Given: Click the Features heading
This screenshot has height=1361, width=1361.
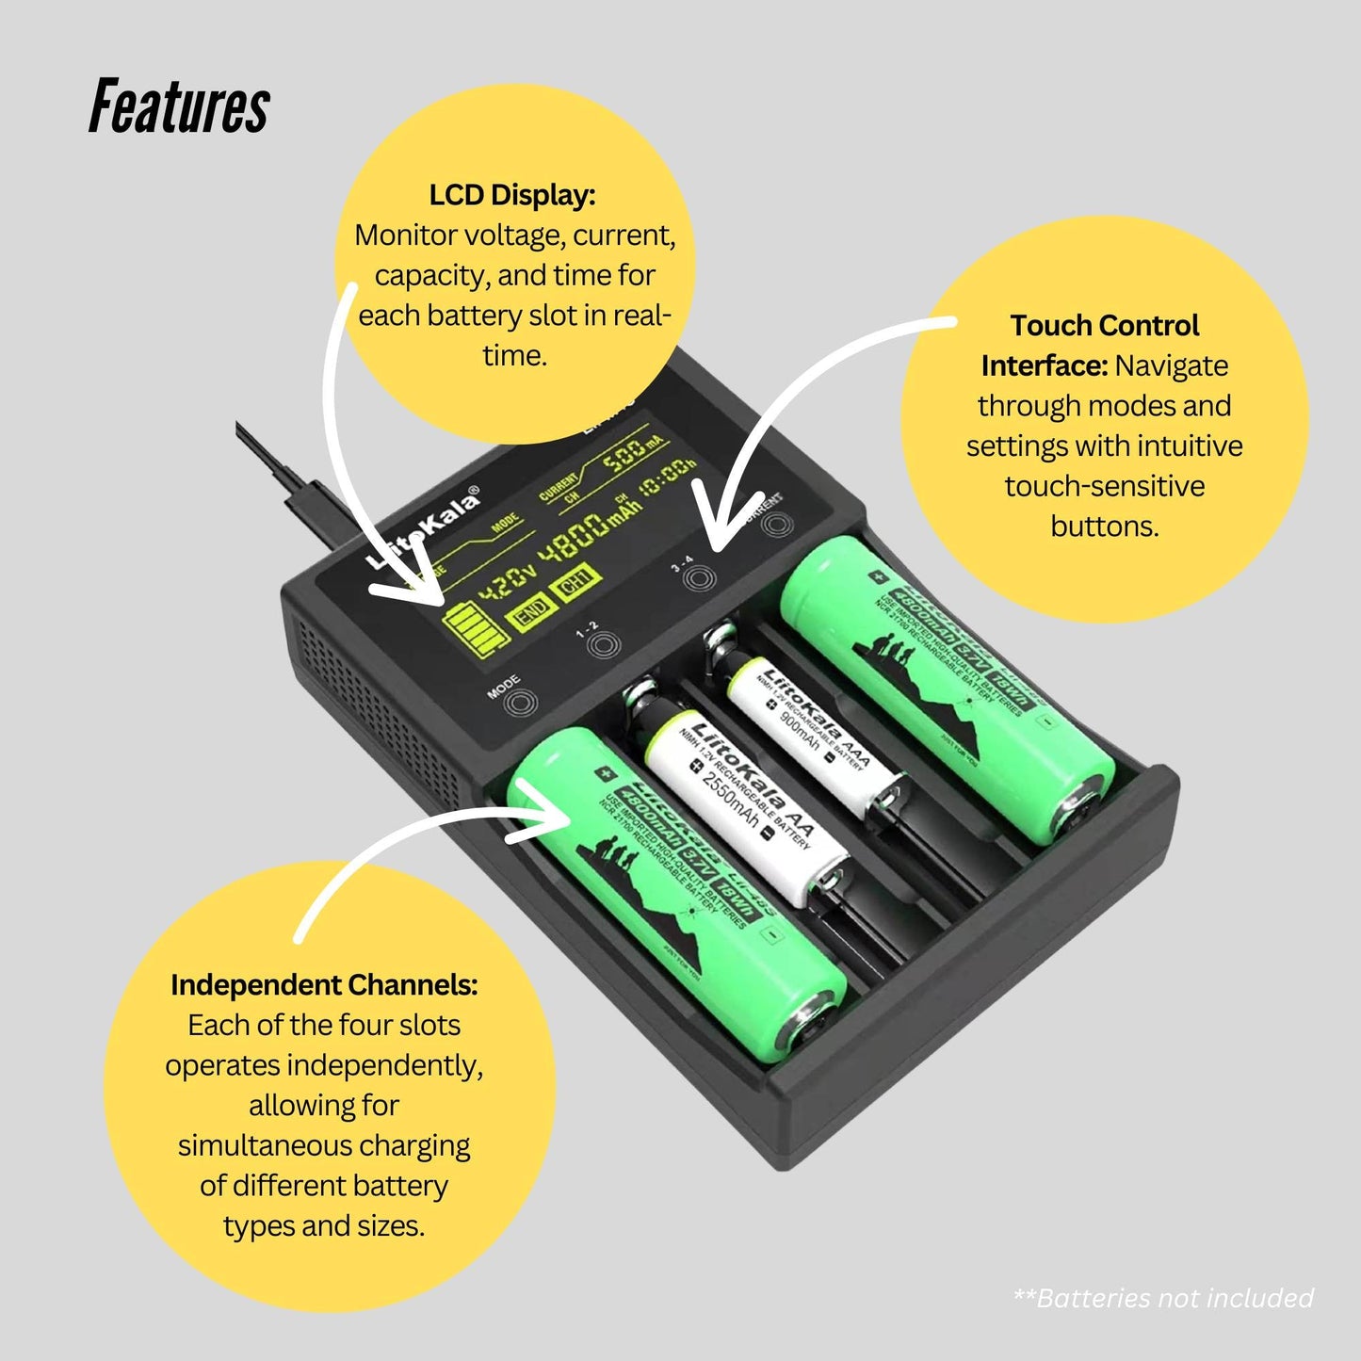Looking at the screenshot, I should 179,106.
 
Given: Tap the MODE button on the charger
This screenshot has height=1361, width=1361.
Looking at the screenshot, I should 520,703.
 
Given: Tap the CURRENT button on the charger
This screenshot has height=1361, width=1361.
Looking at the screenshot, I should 773,523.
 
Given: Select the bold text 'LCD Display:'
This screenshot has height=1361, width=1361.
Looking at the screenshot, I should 512,195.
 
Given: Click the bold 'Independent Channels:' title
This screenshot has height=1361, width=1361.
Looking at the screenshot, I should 324,984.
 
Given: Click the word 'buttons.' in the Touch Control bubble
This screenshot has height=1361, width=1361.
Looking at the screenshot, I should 1104,526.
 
